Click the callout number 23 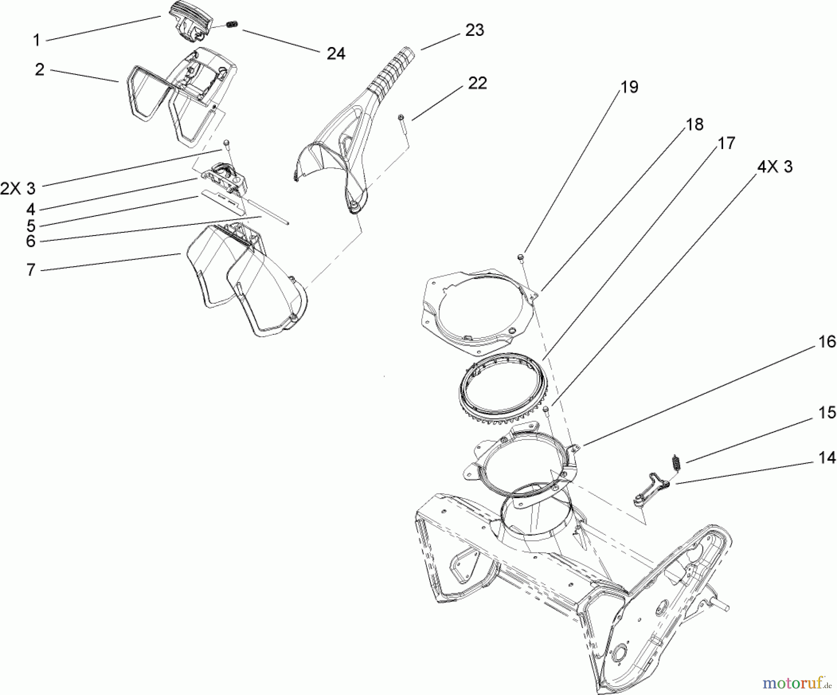475,30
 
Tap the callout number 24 336,54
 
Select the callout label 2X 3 18,189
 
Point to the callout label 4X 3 775,167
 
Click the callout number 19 630,87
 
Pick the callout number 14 827,458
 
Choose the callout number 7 31,270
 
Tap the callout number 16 827,342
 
